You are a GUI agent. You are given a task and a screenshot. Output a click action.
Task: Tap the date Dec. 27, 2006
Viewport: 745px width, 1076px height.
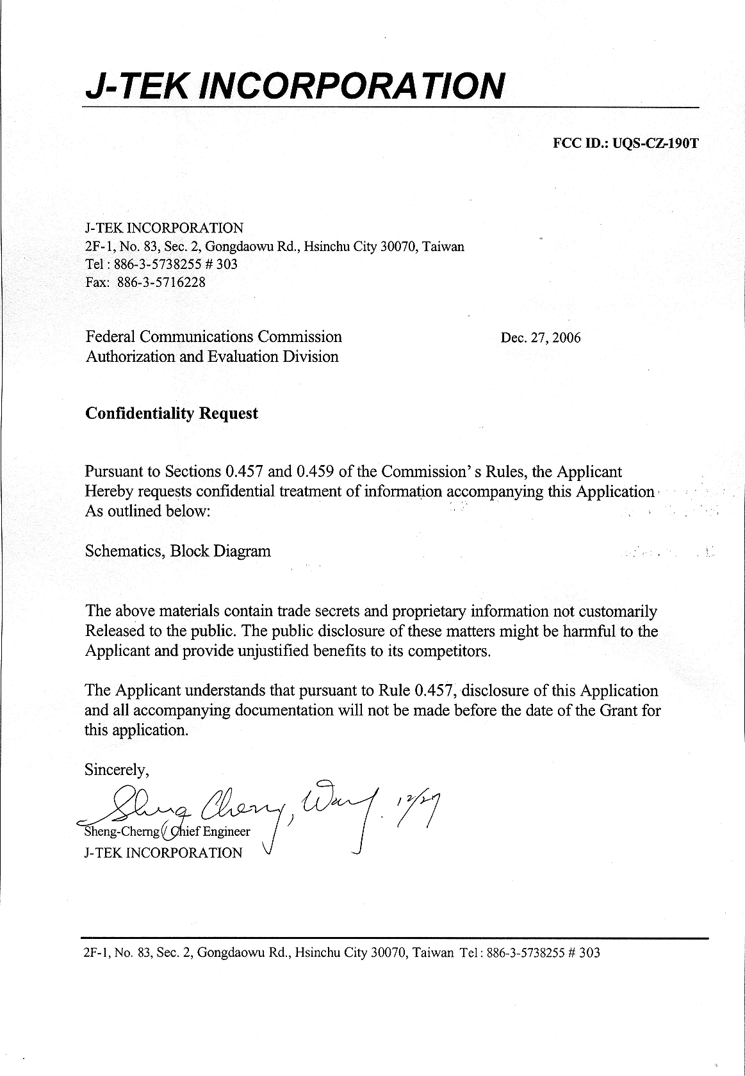click(x=541, y=338)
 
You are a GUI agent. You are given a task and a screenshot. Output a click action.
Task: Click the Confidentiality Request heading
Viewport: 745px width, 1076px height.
click(x=172, y=413)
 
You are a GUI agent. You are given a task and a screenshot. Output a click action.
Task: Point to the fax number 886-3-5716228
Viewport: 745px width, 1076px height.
click(x=161, y=282)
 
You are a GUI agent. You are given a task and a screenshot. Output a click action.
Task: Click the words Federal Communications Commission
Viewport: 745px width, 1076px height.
click(x=213, y=336)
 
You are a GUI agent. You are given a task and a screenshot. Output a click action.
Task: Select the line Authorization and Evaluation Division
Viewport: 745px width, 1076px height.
click(x=212, y=356)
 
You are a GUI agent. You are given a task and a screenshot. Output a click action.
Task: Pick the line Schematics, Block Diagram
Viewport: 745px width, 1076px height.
click(x=177, y=551)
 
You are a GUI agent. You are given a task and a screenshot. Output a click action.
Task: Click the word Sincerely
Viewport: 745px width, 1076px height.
click(x=117, y=770)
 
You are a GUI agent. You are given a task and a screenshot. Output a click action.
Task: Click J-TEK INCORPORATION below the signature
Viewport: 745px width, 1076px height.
click(x=163, y=852)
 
